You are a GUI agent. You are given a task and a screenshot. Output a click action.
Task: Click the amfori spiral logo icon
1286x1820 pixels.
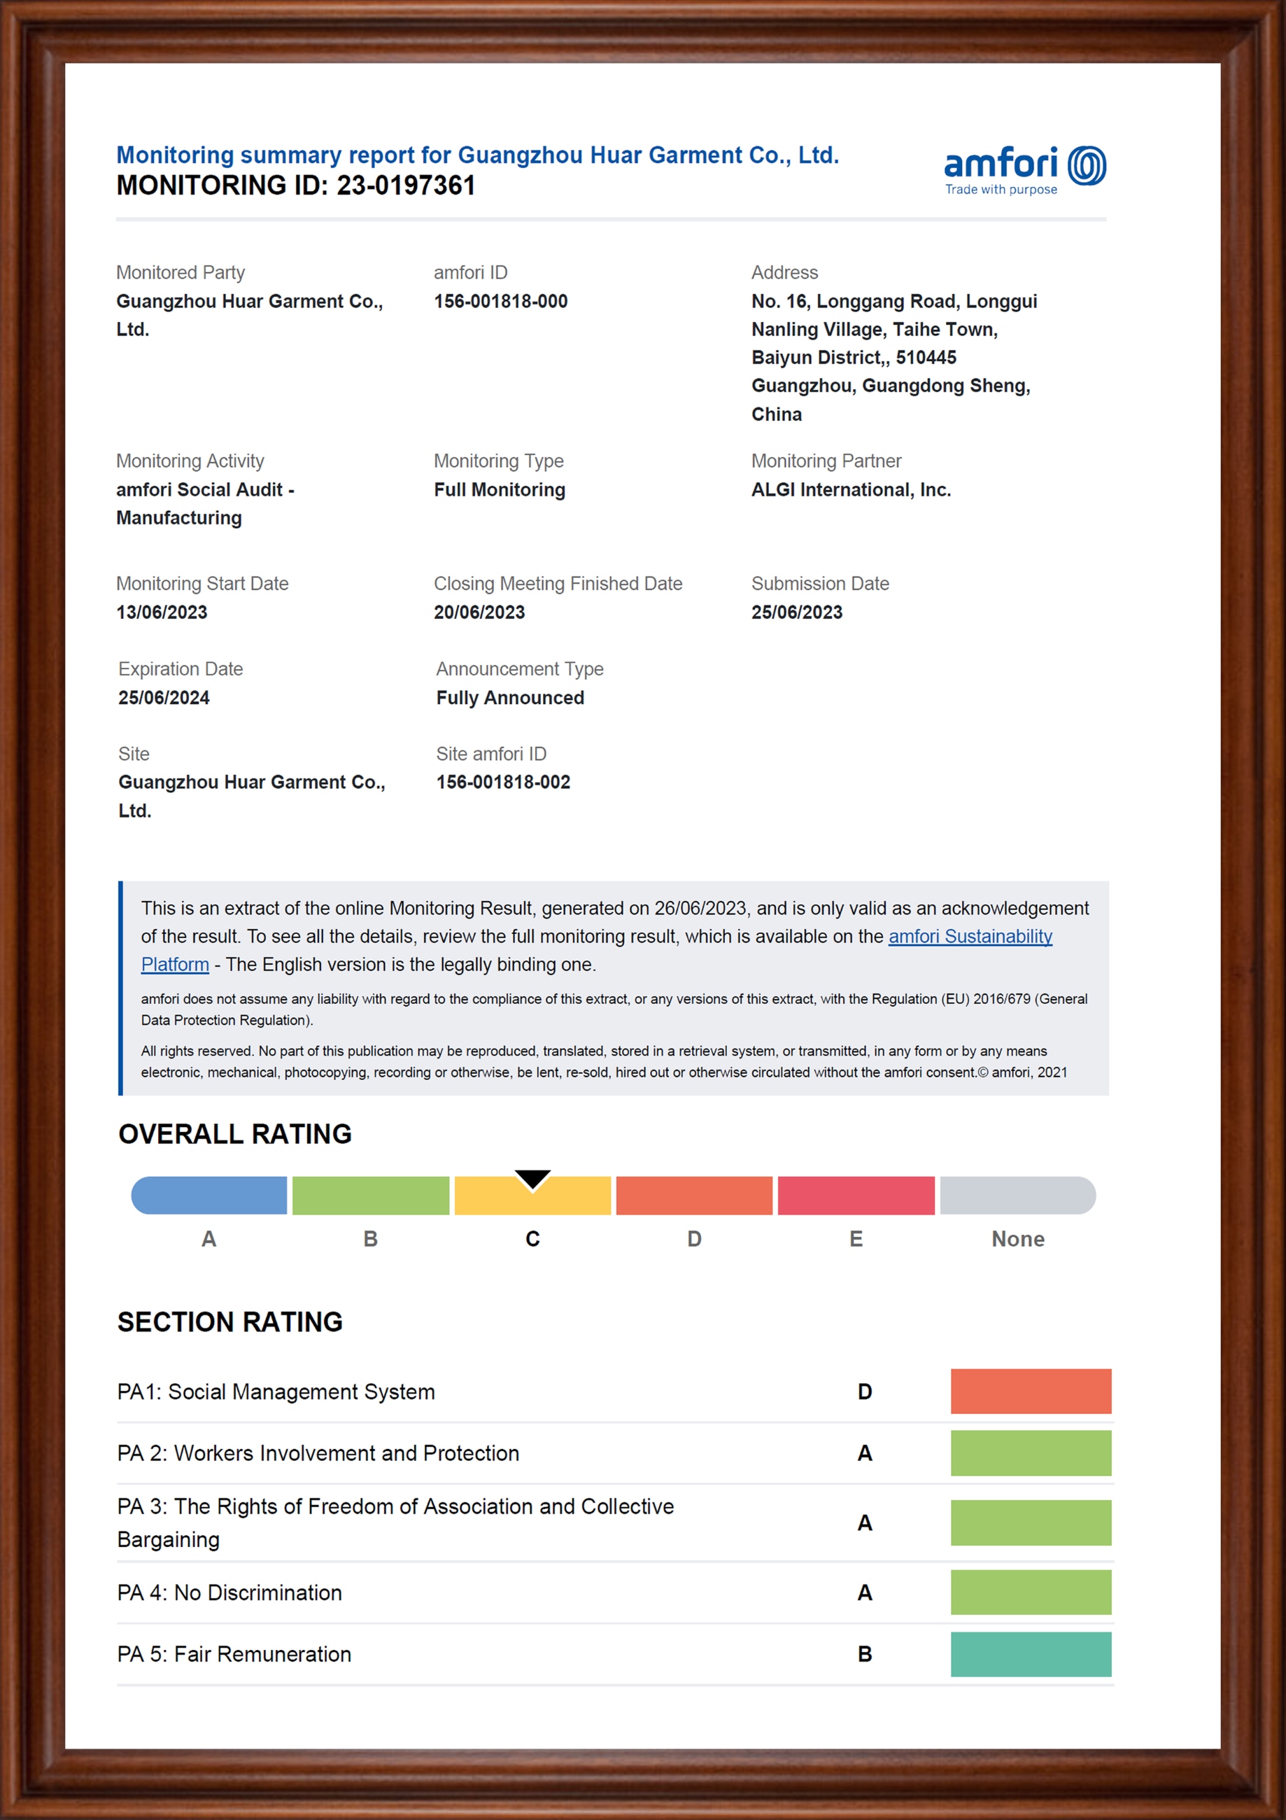point(1087,166)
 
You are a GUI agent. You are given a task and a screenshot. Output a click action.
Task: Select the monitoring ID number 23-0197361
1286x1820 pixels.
point(406,185)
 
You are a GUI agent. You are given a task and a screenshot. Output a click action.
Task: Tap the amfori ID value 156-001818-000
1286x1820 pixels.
point(500,301)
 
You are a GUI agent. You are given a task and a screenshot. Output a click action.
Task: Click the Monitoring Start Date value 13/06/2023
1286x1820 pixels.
point(162,612)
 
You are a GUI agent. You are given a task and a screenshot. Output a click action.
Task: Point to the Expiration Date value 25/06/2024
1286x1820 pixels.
point(164,698)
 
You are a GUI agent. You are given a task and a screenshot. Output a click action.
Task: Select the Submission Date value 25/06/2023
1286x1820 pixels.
point(796,612)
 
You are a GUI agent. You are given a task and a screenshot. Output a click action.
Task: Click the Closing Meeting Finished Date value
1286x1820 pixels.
point(479,612)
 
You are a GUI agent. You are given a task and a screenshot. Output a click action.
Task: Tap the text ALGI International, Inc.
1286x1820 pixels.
point(850,490)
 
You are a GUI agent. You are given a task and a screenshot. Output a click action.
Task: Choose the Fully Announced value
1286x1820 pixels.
point(509,698)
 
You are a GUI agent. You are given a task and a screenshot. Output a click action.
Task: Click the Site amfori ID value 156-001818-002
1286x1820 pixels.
point(503,783)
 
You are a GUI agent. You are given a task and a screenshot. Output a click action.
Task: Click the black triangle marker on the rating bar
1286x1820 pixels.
point(532,1179)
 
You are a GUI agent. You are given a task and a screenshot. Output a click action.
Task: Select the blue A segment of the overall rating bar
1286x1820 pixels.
point(209,1196)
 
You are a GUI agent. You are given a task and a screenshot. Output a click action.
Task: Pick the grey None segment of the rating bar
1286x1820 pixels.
point(1017,1196)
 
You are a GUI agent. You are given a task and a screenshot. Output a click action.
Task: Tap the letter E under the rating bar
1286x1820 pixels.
point(856,1239)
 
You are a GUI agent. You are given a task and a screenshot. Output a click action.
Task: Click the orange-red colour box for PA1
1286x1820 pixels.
point(1030,1391)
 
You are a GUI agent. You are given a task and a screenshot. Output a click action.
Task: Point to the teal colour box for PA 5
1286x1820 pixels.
point(1030,1653)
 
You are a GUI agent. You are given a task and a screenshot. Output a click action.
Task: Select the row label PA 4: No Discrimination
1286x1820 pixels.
point(229,1592)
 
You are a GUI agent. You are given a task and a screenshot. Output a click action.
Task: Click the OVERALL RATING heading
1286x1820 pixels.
point(234,1134)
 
